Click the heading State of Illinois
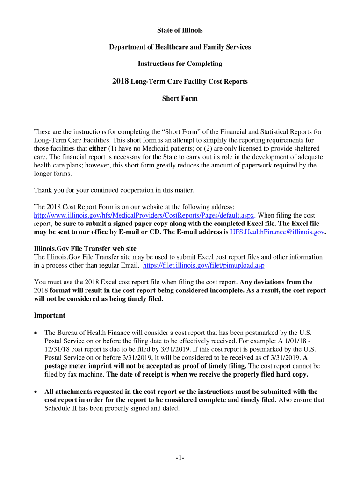coord(180,30)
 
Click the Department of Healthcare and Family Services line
coord(180,47)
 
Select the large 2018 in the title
coord(121,81)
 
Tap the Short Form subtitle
coord(180,98)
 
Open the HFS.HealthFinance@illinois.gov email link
coord(277,232)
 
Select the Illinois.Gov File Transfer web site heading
coord(85,248)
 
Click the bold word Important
coord(50,315)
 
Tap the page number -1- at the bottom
coord(180,458)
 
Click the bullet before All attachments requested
coord(36,392)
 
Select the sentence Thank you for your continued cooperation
coord(114,190)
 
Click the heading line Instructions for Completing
coord(180,64)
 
